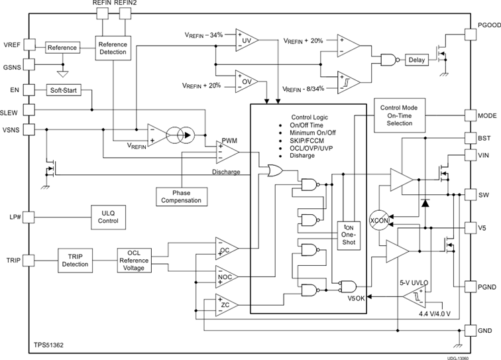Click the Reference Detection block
113,48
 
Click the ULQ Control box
109,216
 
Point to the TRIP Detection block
75,260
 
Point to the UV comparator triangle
246,40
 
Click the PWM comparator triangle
228,152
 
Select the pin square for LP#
29,216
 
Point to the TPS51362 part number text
50,345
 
